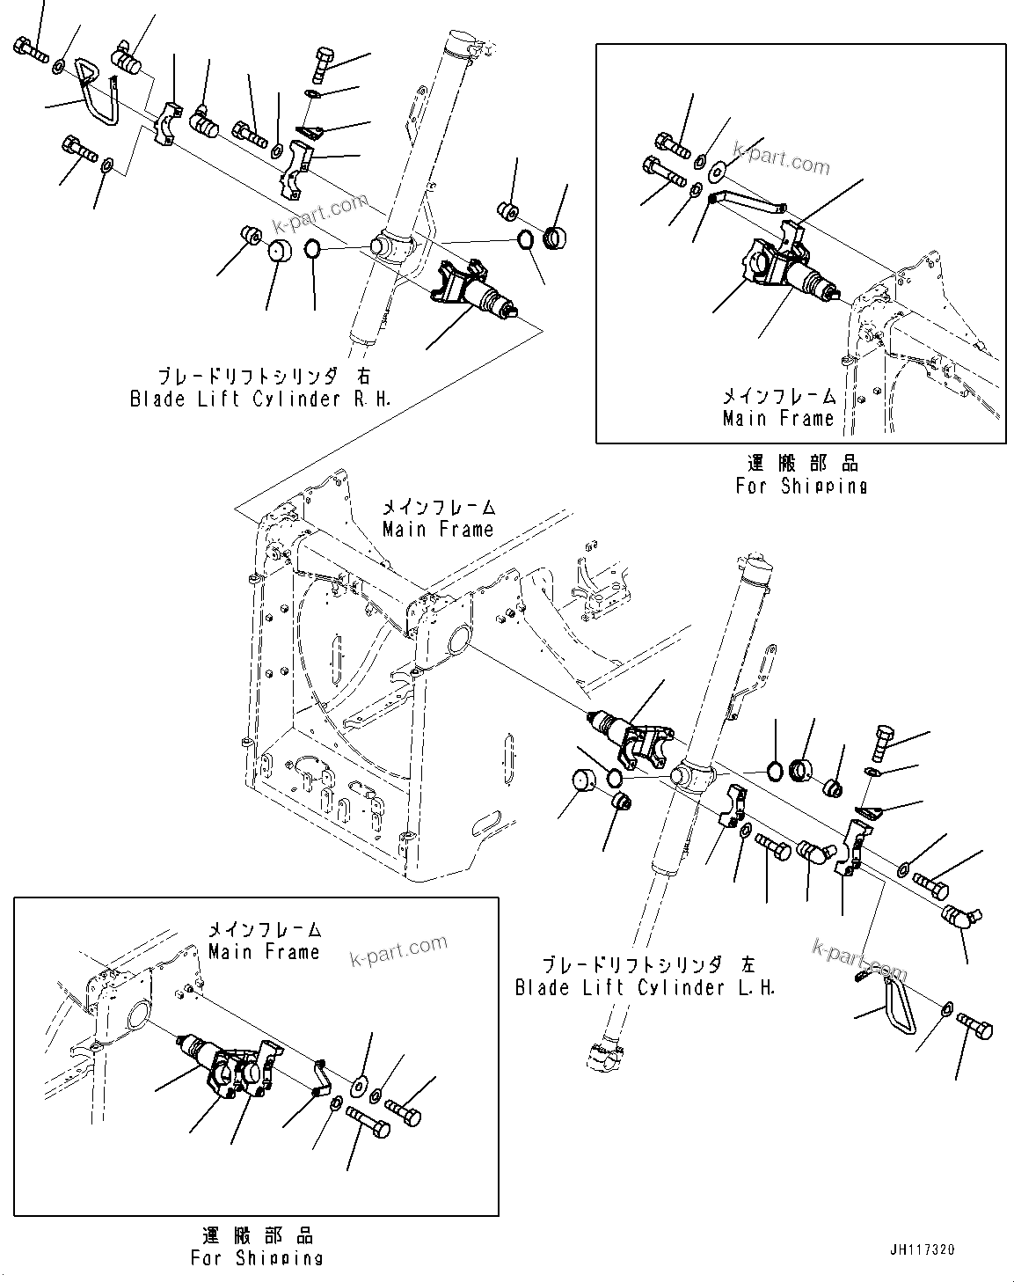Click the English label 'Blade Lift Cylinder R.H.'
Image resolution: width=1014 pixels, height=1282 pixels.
(x=260, y=399)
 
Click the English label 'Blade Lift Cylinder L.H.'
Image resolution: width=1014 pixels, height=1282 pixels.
(x=646, y=987)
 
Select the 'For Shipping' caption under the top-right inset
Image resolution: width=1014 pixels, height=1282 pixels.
(x=801, y=485)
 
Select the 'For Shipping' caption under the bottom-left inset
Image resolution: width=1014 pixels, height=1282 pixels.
(x=257, y=1257)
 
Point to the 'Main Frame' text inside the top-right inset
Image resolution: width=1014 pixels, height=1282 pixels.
(x=777, y=418)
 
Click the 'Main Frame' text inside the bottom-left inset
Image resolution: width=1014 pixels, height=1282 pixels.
(x=264, y=951)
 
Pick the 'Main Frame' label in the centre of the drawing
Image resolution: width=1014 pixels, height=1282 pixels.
(x=438, y=529)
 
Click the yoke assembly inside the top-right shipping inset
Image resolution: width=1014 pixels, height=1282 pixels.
(x=774, y=263)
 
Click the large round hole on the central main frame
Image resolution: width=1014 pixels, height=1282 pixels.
(x=458, y=639)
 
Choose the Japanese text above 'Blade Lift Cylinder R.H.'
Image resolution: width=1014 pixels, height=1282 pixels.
(x=260, y=376)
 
